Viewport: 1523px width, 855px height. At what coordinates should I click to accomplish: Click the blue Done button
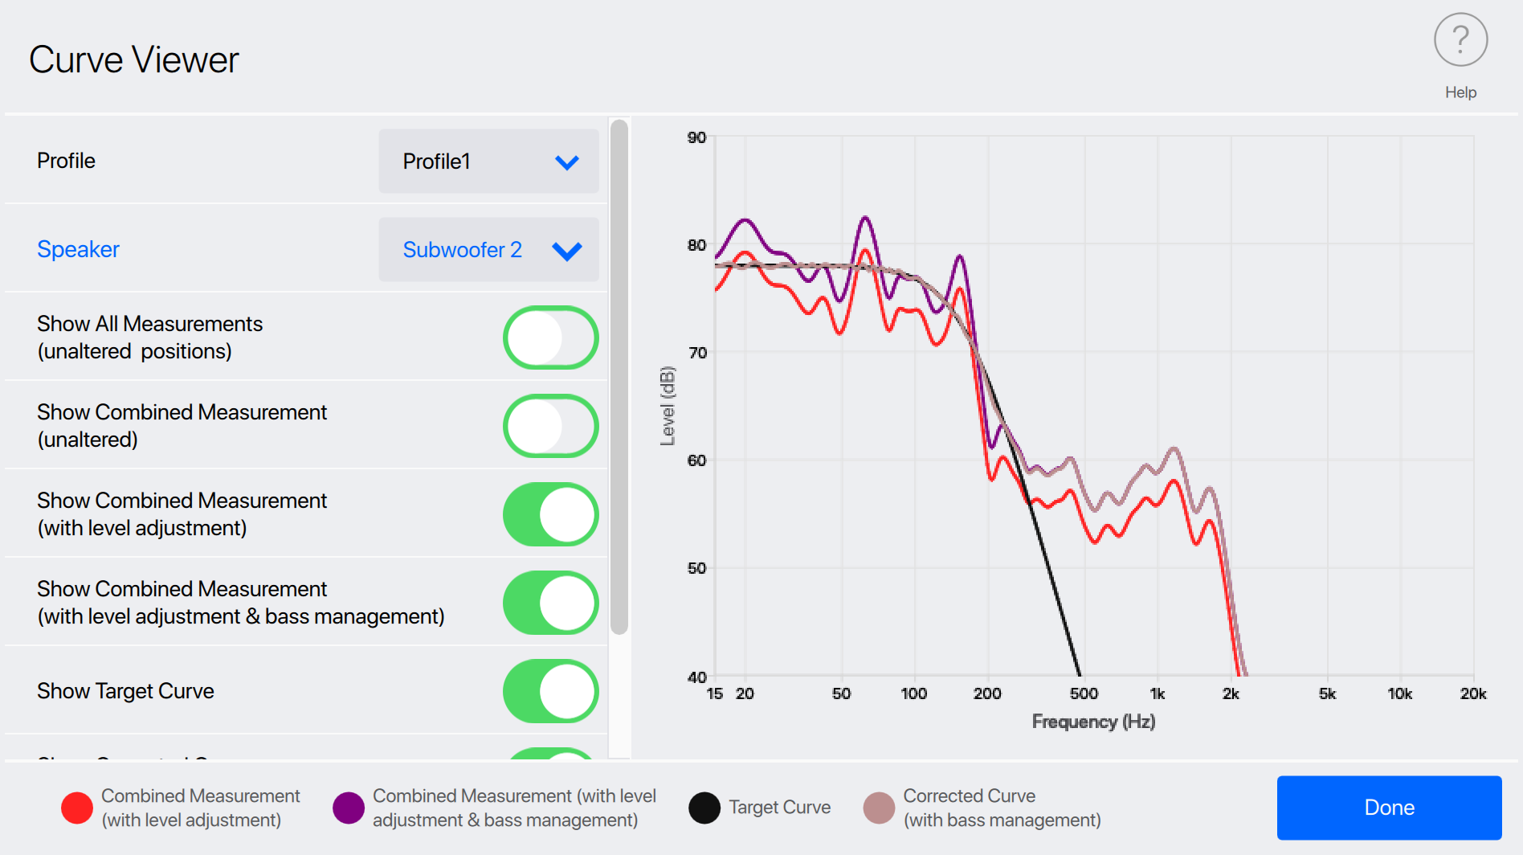[x=1389, y=808]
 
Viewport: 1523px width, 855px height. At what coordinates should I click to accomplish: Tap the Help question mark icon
[x=1460, y=40]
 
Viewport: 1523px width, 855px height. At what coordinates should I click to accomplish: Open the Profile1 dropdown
[x=488, y=162]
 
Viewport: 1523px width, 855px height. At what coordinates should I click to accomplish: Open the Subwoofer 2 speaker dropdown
[x=488, y=250]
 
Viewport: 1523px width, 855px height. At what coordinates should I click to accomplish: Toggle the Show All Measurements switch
[x=550, y=337]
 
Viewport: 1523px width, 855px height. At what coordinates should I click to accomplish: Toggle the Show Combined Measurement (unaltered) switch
[x=550, y=426]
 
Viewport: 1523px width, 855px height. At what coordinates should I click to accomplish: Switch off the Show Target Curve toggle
[x=550, y=691]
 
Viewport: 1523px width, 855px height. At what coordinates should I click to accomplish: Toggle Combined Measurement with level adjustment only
[x=550, y=514]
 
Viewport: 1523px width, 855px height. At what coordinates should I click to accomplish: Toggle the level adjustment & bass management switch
[x=550, y=603]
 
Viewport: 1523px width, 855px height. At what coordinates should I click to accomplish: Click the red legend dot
[x=77, y=808]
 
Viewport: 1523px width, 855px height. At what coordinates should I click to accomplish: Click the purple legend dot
[x=349, y=808]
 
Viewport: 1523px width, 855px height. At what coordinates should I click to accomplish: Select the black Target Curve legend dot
[x=704, y=808]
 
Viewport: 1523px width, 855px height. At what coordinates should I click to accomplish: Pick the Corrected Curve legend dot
[x=879, y=808]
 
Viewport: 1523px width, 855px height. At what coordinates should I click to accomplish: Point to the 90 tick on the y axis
[x=696, y=137]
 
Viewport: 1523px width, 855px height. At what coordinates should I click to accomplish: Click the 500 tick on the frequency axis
[x=1084, y=693]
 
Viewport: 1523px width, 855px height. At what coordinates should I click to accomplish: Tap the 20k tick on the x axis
[x=1473, y=693]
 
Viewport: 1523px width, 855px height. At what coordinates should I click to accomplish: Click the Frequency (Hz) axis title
[x=1093, y=722]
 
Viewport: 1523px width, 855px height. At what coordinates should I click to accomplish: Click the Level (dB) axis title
[x=668, y=406]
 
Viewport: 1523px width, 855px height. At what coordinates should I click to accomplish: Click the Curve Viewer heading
[x=134, y=60]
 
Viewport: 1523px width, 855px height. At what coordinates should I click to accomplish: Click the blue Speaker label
[x=78, y=249]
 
